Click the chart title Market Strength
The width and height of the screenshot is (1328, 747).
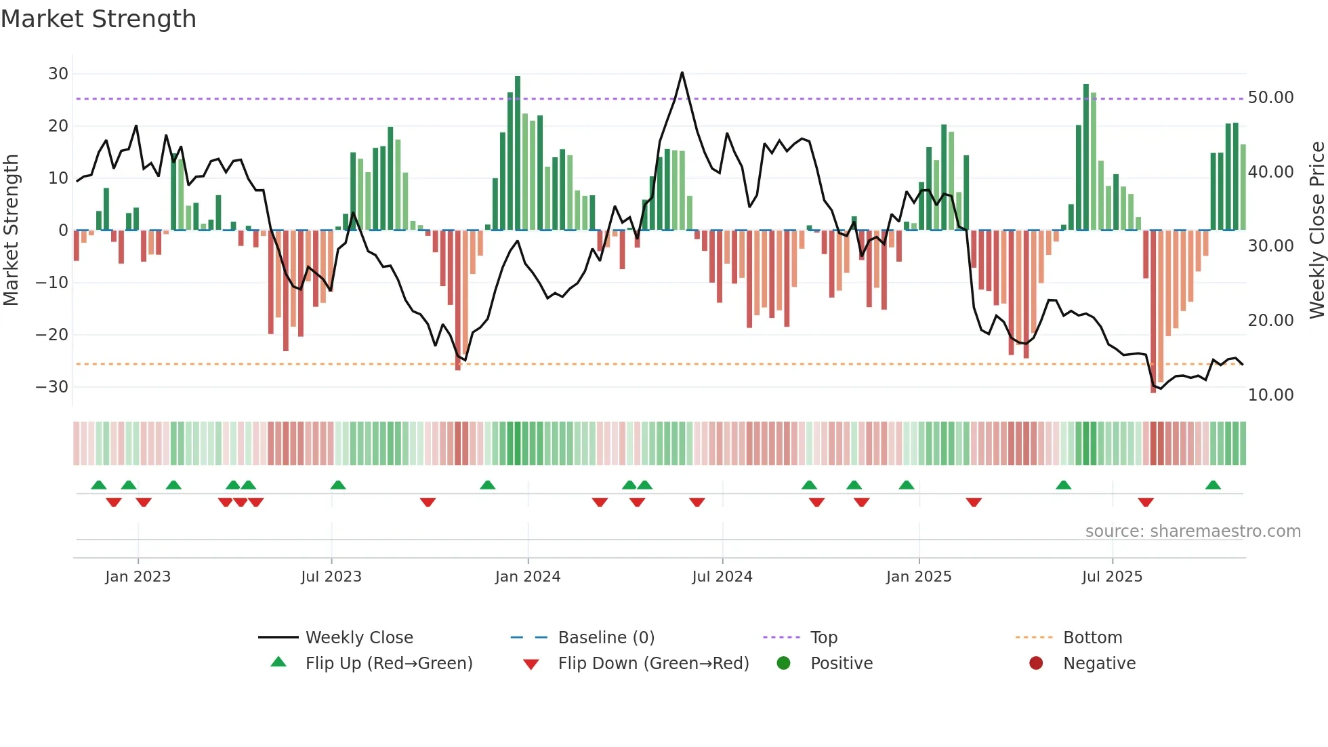(x=98, y=19)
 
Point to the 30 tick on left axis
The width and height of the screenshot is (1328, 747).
(x=58, y=74)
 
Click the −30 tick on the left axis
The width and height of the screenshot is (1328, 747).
(x=52, y=387)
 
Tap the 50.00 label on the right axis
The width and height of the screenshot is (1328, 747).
(x=1270, y=98)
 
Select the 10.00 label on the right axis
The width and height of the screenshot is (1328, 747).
(x=1270, y=395)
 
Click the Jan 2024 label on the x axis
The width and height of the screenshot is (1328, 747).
(x=528, y=577)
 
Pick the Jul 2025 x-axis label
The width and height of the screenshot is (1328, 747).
(x=1112, y=577)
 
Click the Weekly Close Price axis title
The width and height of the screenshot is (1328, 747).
(x=1316, y=230)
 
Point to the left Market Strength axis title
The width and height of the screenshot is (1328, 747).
(x=11, y=230)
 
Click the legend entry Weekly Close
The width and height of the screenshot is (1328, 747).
(x=358, y=638)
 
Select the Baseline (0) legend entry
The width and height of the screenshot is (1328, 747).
(x=606, y=638)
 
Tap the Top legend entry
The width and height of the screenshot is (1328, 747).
(x=823, y=638)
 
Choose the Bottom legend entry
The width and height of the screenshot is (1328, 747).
(x=1092, y=638)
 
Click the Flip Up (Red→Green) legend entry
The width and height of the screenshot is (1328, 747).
(x=388, y=664)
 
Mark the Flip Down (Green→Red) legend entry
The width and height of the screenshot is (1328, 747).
(x=653, y=664)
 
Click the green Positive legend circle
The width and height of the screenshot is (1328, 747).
(x=784, y=664)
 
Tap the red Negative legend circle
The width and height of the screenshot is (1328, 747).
(x=1036, y=664)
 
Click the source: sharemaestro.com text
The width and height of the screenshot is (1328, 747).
(x=1192, y=531)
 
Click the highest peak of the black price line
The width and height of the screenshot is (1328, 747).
(x=682, y=73)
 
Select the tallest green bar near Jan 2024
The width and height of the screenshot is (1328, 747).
(x=518, y=153)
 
